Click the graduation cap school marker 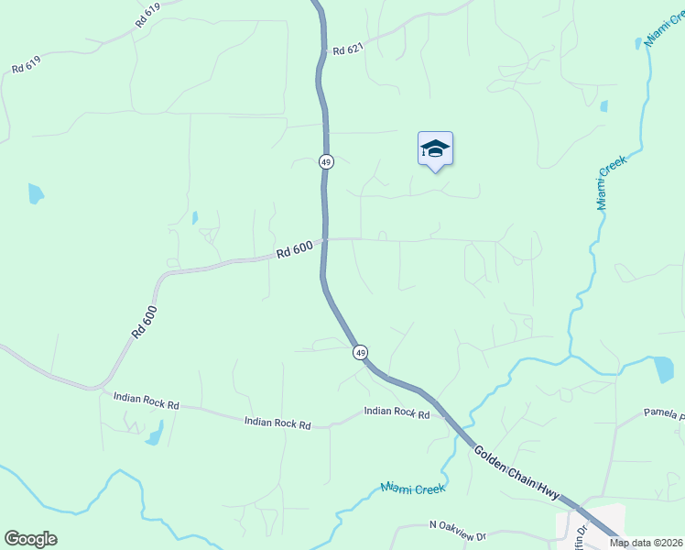tap(435, 149)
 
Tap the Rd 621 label tap(349, 51)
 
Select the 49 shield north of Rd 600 tap(326, 161)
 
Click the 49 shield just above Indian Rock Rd tap(360, 352)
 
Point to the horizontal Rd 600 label tap(295, 249)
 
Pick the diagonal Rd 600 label tap(145, 322)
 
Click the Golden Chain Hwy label tap(516, 473)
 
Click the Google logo tap(30, 539)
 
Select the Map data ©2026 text tap(646, 543)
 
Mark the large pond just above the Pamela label tap(664, 368)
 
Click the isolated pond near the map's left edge tap(35, 193)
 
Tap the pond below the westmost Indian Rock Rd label tap(155, 432)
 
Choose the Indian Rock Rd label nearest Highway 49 tap(397, 413)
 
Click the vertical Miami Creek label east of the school tap(612, 182)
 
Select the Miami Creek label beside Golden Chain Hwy tap(413, 489)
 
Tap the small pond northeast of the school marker tap(603, 106)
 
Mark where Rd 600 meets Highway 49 tap(324, 240)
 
